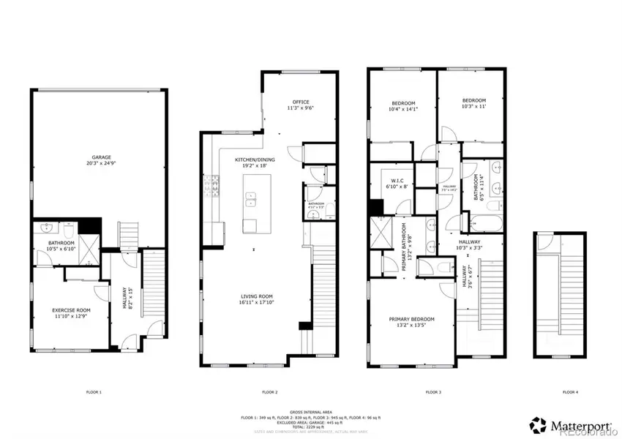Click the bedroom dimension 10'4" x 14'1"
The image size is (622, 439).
point(403,110)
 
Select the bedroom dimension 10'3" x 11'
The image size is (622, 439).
point(474,107)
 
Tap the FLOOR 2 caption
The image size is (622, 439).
point(269,393)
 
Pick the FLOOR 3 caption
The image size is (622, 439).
point(436,393)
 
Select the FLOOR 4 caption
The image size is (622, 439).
point(570,393)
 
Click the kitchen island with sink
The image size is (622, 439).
point(250,204)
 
